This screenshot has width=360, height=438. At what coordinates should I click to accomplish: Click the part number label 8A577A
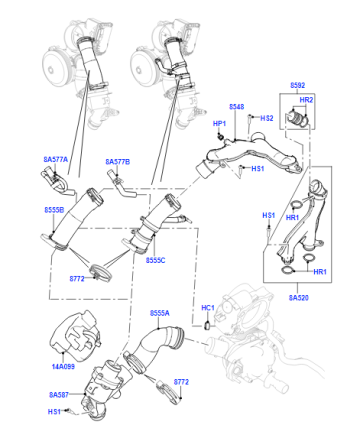(55, 160)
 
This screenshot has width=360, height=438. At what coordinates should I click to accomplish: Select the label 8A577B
(118, 162)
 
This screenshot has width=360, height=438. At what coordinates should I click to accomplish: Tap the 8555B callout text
(54, 210)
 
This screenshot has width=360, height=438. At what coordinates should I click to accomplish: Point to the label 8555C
(155, 260)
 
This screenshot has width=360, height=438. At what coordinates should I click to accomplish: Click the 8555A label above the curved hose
(160, 313)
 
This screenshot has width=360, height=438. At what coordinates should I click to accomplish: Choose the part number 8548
(236, 107)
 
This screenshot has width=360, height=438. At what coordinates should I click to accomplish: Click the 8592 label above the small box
(297, 85)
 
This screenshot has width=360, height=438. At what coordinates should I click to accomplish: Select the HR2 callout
(306, 100)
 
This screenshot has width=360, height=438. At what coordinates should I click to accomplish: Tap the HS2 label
(267, 118)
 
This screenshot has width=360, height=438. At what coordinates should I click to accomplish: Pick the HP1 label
(219, 124)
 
